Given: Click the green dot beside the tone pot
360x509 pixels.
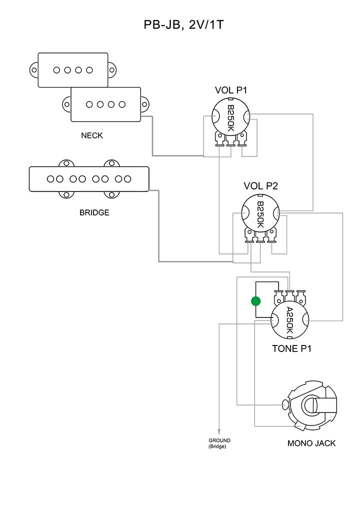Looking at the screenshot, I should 256,301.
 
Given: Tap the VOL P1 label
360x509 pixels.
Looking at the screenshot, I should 231,90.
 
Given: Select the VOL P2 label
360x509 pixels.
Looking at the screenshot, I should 260,186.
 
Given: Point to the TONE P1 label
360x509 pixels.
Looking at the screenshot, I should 291,348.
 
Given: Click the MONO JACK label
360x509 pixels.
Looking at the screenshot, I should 311,443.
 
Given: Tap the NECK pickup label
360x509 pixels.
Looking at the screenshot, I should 92,135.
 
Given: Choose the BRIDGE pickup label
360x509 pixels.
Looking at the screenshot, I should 94,212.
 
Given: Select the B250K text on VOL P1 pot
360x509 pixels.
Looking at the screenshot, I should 231,118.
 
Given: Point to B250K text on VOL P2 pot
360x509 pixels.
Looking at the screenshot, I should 260,214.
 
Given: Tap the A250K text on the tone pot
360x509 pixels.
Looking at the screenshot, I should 289,320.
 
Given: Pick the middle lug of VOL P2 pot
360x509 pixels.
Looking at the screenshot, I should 260,235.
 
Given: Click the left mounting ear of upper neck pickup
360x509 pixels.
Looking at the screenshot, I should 34,70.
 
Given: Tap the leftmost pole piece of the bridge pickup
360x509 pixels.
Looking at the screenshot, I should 50,178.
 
